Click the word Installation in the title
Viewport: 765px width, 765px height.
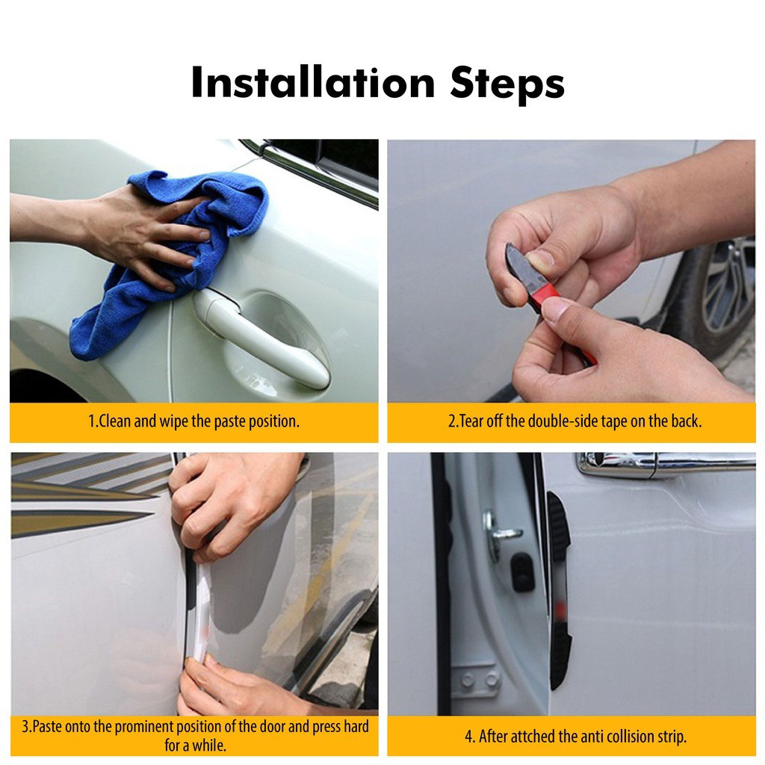pyautogui.click(x=313, y=82)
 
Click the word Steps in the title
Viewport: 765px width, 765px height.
pyautogui.click(x=507, y=84)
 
